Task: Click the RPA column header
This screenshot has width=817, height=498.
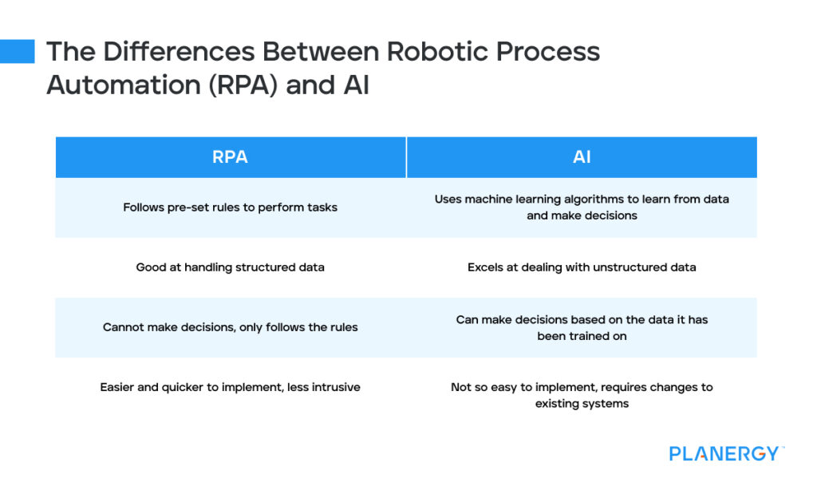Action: tap(230, 157)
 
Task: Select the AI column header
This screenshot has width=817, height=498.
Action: tap(582, 157)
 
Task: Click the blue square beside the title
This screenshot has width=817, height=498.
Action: tap(17, 51)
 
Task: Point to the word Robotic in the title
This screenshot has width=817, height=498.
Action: tap(439, 52)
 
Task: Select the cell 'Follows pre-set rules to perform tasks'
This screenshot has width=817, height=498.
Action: tap(230, 207)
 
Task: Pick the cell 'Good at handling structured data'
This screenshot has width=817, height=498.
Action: tap(230, 267)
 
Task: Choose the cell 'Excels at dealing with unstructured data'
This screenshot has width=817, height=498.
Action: tap(582, 267)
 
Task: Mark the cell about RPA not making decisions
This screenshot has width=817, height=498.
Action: tap(230, 327)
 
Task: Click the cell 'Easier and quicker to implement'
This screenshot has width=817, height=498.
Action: tap(230, 387)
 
